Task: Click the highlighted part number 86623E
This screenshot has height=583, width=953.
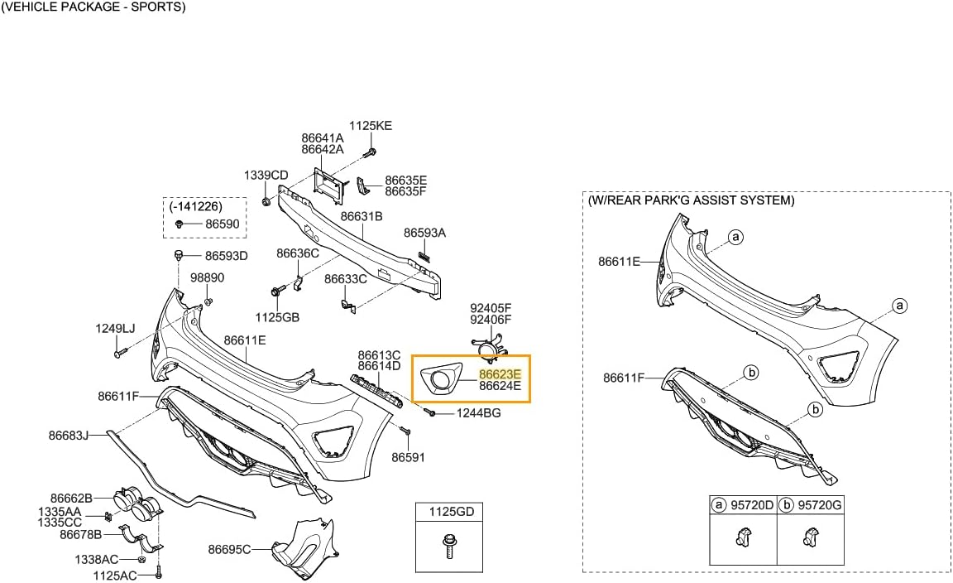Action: point(500,373)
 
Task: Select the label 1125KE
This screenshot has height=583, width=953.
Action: point(371,126)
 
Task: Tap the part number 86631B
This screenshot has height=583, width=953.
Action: point(362,216)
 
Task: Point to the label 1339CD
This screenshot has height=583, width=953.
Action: point(266,176)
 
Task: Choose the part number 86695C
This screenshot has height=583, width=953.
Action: point(229,548)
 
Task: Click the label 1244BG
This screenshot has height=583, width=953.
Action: point(479,412)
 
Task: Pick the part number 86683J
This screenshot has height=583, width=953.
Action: point(69,434)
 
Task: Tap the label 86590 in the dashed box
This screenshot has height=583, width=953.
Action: point(222,224)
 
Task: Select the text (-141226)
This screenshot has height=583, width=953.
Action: point(196,205)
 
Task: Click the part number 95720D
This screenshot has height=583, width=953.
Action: point(750,504)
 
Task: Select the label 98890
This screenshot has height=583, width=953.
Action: point(208,277)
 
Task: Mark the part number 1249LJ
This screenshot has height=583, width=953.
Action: point(115,329)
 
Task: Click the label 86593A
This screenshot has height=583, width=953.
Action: point(424,234)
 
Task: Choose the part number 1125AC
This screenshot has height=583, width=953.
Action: point(115,575)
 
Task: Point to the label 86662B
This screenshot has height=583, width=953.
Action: point(71,498)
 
